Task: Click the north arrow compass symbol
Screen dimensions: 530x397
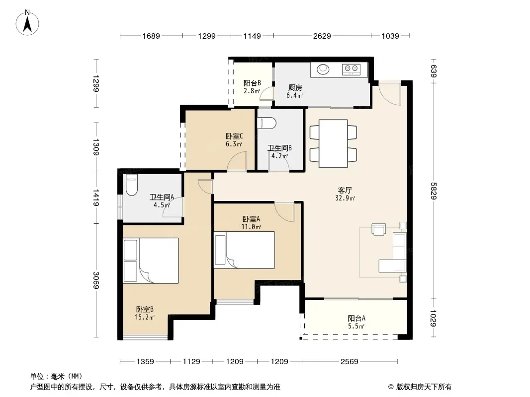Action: coord(27,23)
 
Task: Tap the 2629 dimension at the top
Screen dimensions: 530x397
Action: coord(322,36)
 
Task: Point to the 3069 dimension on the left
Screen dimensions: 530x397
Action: coord(96,280)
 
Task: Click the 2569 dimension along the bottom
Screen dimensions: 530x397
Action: coord(349,362)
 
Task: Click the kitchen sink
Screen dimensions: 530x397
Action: coord(323,69)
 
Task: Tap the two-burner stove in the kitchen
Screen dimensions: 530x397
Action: coord(351,69)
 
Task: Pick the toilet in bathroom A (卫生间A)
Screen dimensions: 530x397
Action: coord(131,185)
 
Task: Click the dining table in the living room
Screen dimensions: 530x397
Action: coord(333,144)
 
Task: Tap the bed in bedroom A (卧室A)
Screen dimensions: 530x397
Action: coord(245,250)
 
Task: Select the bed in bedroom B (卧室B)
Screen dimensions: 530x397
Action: coord(151,261)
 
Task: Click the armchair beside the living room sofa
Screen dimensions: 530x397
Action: coord(378,229)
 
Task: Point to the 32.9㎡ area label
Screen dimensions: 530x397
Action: coord(345,198)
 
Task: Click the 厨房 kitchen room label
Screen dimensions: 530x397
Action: coord(295,88)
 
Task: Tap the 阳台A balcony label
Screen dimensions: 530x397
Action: coord(356,318)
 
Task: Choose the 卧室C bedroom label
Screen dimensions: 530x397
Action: coord(234,136)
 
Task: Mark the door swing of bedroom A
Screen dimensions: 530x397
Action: coord(284,212)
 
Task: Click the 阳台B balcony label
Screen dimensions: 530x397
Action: coord(252,83)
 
